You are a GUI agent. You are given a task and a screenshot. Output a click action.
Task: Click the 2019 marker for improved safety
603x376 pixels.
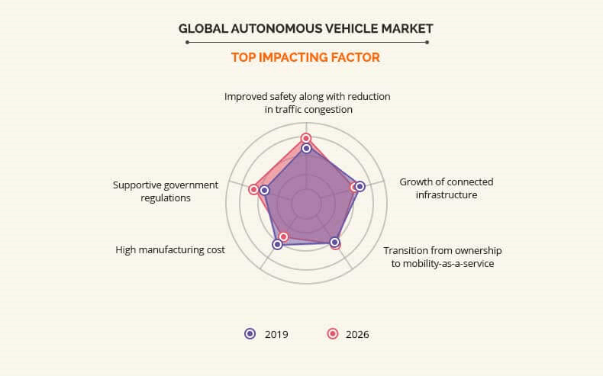click(306, 149)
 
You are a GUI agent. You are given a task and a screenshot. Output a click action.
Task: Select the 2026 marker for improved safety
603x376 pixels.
click(306, 138)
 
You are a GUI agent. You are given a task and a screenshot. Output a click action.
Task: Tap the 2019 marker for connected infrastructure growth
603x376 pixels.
click(360, 186)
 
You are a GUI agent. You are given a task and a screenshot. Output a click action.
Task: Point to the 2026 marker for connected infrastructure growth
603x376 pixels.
click(354, 187)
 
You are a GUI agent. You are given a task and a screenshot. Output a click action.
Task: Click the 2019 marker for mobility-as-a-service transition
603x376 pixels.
click(335, 243)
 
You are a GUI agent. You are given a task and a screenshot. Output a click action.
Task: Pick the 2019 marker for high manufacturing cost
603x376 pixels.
click(277, 244)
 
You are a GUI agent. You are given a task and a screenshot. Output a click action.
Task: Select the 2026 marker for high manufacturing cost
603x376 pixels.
click(283, 236)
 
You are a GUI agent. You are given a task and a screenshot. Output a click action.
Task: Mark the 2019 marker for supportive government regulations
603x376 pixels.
click(264, 190)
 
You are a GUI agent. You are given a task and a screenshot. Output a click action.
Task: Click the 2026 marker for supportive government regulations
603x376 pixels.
click(253, 189)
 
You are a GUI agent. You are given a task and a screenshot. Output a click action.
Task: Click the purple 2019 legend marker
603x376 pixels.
click(250, 333)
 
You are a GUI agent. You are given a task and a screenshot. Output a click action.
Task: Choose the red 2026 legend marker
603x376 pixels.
click(332, 333)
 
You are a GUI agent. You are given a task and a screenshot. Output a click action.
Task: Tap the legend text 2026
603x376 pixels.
click(357, 334)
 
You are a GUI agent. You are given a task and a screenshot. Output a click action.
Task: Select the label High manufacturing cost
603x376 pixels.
click(170, 249)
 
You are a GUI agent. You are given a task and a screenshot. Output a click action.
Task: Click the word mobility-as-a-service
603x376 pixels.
click(449, 264)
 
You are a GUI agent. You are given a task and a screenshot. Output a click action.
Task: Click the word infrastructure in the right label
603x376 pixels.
click(447, 194)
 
